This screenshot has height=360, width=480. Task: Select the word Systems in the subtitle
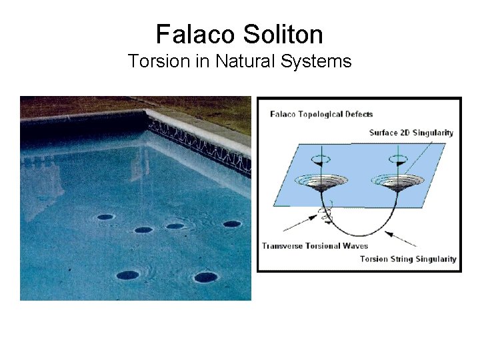point(319,61)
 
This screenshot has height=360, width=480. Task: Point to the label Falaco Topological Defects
point(321,114)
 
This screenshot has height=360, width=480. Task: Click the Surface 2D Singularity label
point(411,133)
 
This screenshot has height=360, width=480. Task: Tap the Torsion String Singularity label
point(408,259)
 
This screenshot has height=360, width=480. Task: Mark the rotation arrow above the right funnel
point(398,159)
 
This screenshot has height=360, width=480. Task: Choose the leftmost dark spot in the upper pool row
point(105,217)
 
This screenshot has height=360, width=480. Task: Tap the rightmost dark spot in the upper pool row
point(232,224)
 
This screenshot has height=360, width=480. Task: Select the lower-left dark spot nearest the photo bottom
point(127,275)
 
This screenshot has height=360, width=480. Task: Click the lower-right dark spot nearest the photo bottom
point(205,277)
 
